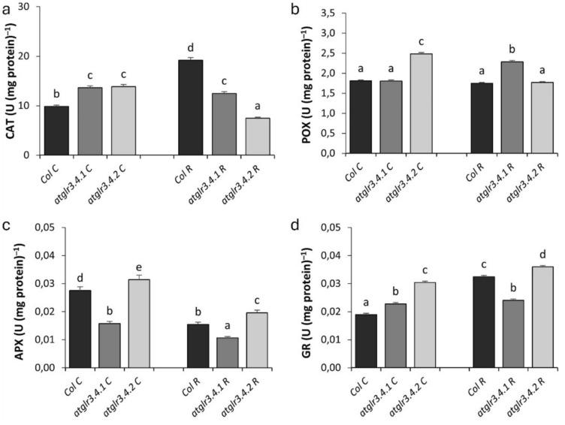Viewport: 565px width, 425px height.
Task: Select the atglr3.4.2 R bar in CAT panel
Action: pos(256,136)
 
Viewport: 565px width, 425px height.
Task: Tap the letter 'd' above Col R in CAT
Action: pos(190,47)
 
